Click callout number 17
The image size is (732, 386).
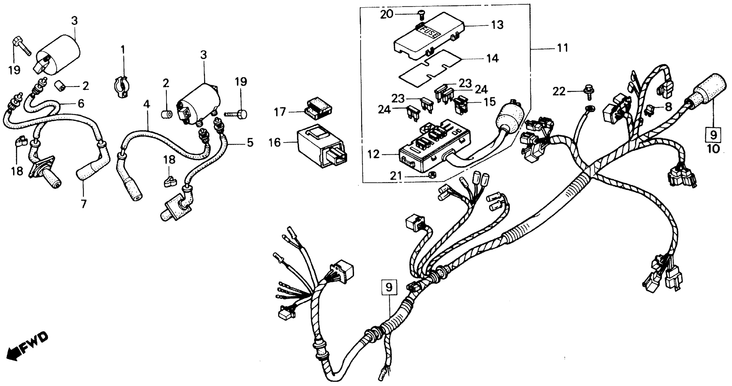(280, 112)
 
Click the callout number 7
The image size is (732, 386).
(83, 204)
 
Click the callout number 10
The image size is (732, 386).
(713, 148)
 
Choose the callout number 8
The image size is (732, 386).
(668, 107)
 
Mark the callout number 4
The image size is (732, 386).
(146, 104)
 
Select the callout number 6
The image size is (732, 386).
(81, 104)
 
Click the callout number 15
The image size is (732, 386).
(490, 102)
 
